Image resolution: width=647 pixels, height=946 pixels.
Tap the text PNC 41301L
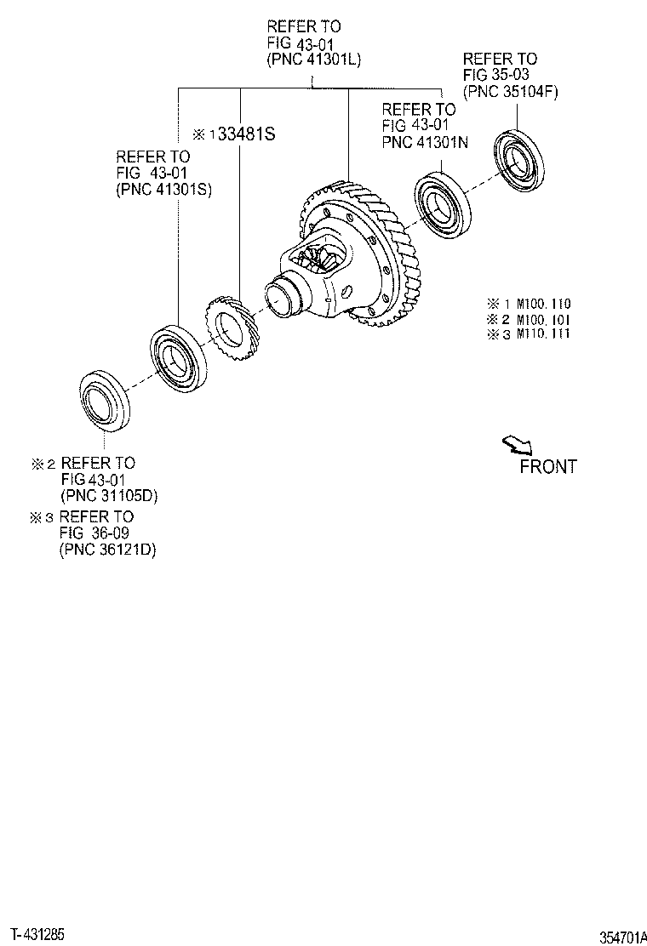click(x=312, y=60)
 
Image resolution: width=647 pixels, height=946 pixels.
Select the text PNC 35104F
click(x=510, y=92)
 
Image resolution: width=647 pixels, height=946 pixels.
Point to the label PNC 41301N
click(x=425, y=142)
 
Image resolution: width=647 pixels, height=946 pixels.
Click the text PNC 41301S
click(x=163, y=190)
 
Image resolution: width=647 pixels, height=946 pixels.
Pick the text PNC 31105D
click(x=109, y=496)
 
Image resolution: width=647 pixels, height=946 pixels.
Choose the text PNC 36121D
click(x=108, y=550)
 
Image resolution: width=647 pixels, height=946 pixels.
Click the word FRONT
click(x=547, y=466)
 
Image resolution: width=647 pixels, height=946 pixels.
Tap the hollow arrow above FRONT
click(x=516, y=444)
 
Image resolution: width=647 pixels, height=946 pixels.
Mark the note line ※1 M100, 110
click(x=528, y=304)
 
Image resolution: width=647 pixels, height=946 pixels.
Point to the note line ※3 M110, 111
click(x=528, y=333)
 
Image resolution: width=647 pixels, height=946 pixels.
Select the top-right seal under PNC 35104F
click(x=518, y=159)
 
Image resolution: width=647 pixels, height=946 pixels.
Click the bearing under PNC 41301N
click(x=444, y=204)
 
